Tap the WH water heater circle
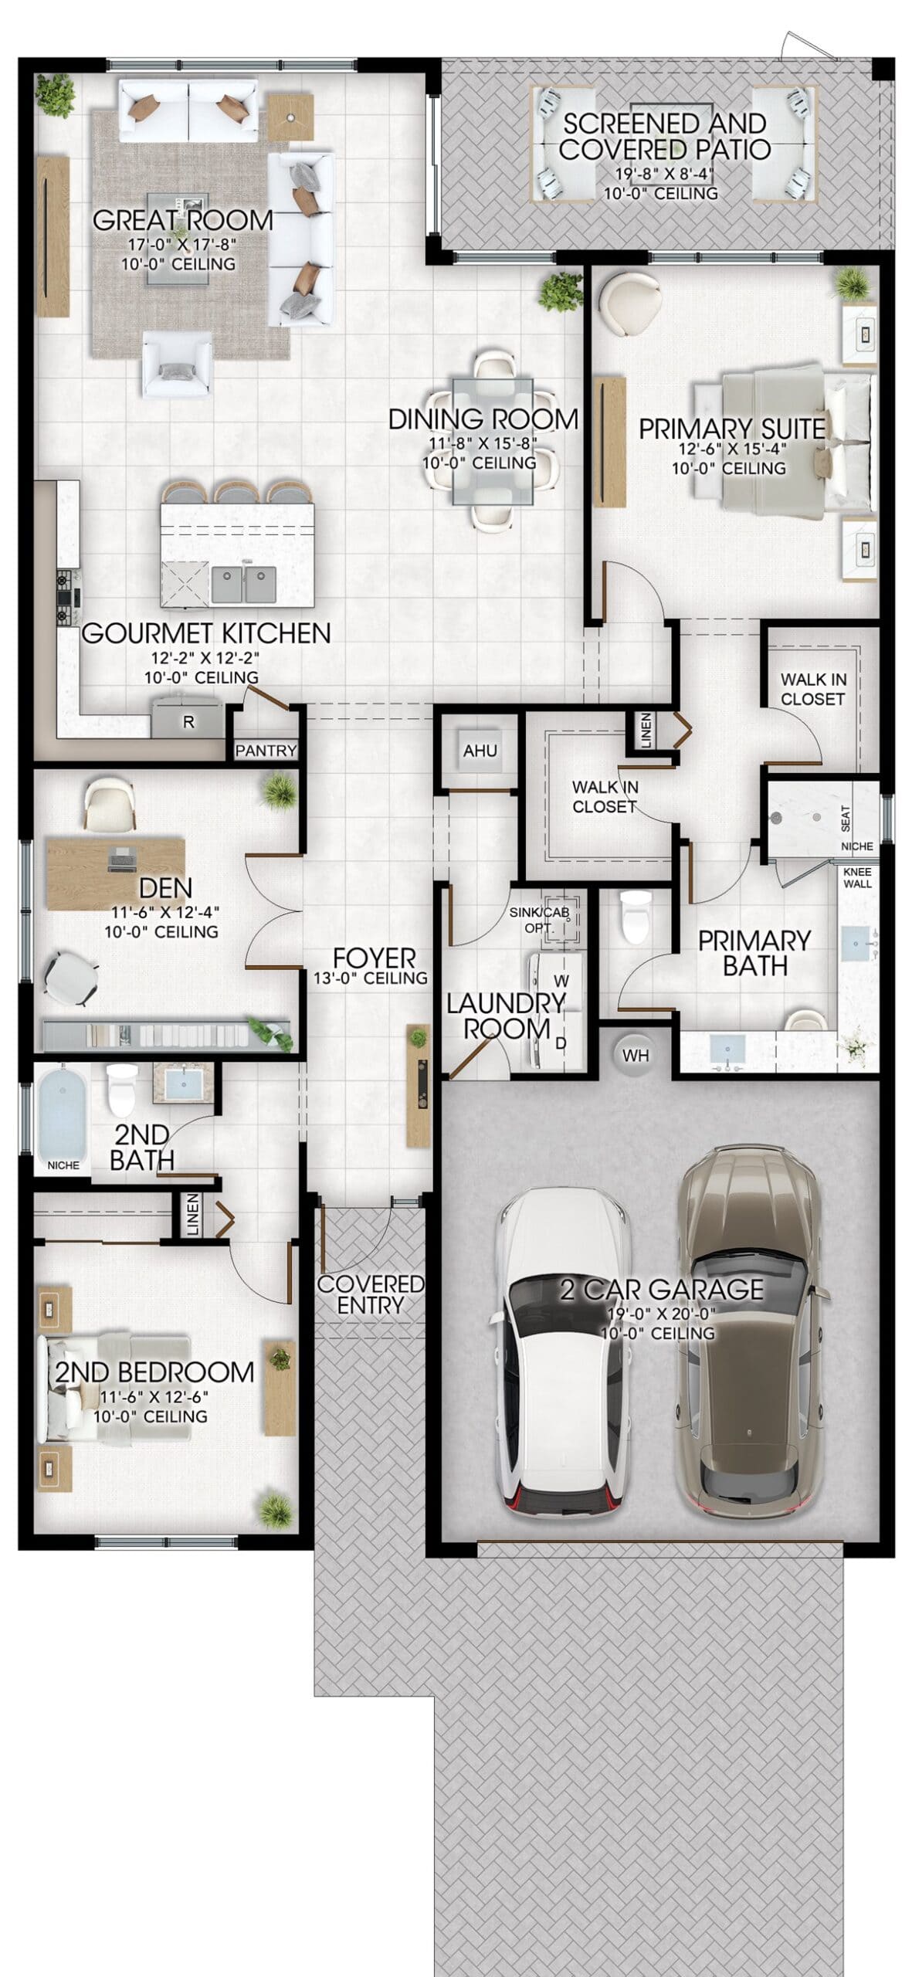coord(636,1055)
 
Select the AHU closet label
coord(480,750)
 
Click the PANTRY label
coord(266,750)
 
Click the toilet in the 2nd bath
coord(121,1090)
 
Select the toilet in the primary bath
coord(636,917)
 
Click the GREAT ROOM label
coord(183,220)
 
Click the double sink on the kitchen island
coord(244,585)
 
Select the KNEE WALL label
coord(857,877)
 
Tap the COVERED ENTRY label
coord(371,1294)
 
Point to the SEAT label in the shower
coord(846,819)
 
